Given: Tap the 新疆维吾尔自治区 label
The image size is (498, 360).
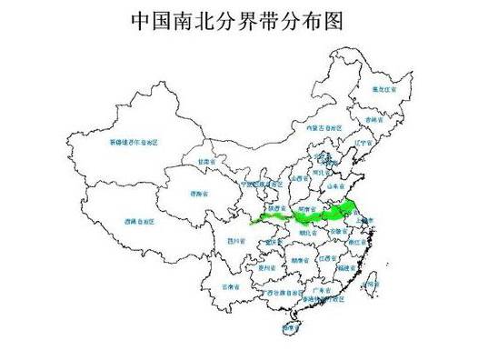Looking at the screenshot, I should coord(134,143).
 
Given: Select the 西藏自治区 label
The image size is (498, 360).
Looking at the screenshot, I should coord(138,221).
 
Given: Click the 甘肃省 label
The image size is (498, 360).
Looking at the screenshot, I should coord(204,161).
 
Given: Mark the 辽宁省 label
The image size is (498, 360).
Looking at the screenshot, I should coord(361,143).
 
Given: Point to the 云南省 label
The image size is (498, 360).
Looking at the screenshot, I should coord(232,285).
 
